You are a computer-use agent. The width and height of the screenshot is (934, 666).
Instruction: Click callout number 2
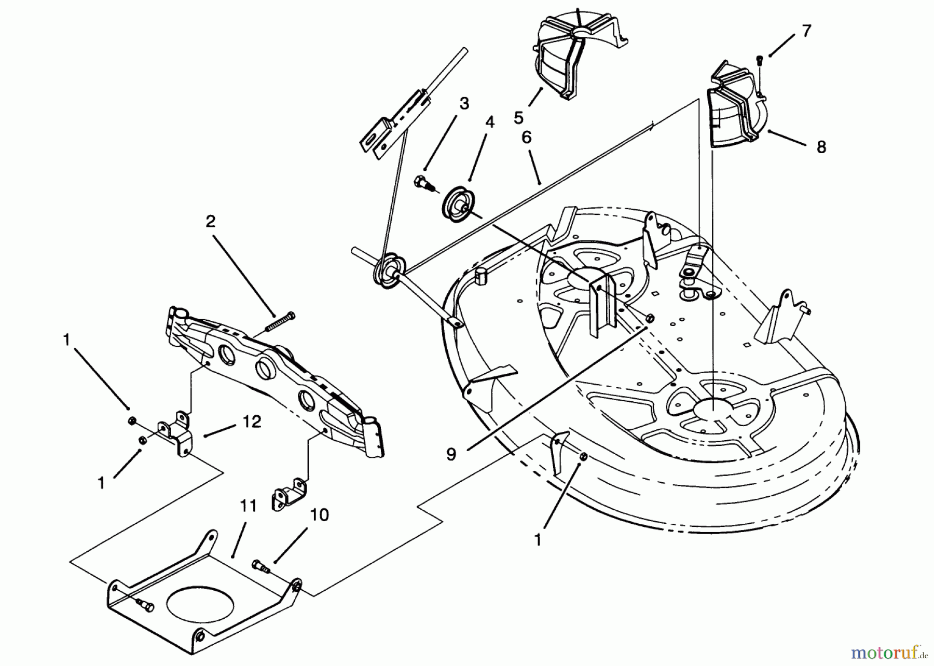(210, 222)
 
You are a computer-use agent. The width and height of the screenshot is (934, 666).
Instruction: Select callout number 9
(451, 455)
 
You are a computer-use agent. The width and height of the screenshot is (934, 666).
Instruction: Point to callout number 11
(248, 506)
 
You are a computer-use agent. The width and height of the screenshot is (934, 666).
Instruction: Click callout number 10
(320, 515)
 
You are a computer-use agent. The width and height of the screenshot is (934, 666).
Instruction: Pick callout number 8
(821, 147)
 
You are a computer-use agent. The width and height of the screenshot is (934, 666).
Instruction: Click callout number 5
(518, 118)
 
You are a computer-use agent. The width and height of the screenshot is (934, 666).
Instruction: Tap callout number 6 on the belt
(526, 138)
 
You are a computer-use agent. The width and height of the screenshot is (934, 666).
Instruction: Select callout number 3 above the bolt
(464, 103)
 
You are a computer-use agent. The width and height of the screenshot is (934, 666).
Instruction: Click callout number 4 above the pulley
(490, 123)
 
